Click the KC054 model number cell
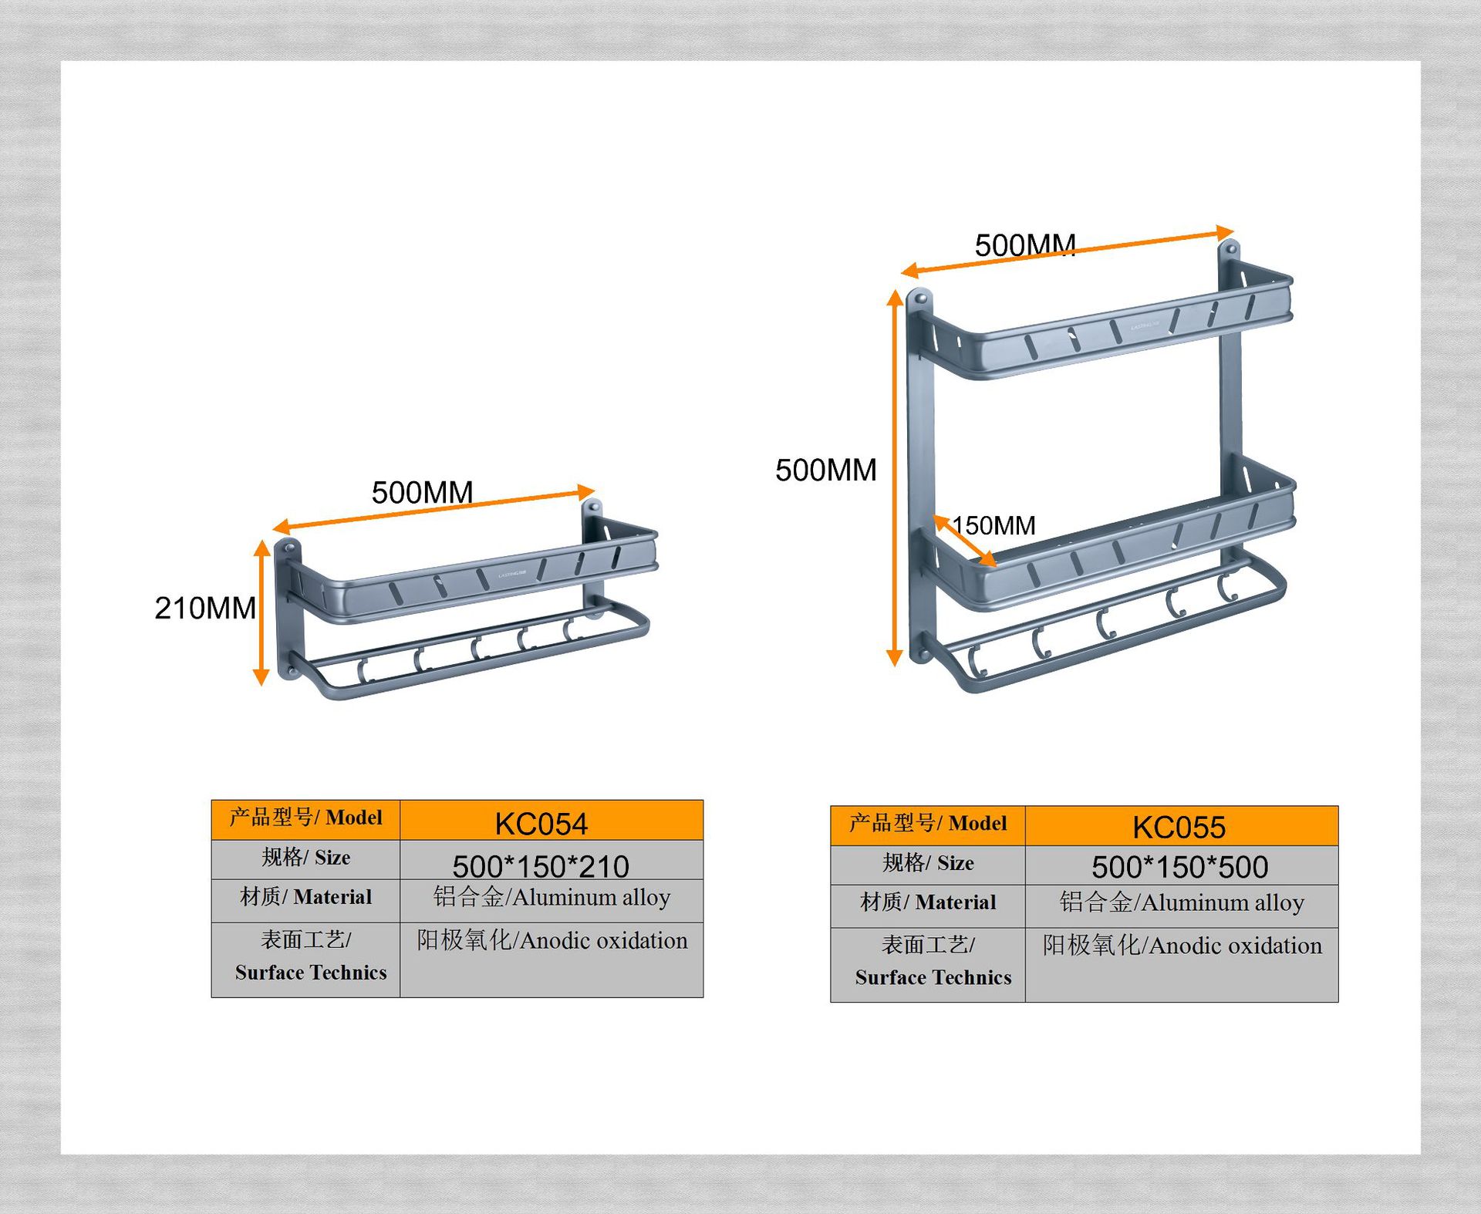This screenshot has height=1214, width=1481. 541,823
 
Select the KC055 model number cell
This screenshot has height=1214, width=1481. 1179,827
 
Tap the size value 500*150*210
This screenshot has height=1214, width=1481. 541,866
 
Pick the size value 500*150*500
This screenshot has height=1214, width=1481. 1179,867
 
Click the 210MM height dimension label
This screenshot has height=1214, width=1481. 205,608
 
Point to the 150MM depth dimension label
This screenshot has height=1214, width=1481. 994,525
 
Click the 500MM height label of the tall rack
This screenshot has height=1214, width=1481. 825,470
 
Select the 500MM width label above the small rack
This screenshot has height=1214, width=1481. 422,492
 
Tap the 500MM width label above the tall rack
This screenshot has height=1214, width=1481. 1024,245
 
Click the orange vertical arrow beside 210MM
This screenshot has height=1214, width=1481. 261,612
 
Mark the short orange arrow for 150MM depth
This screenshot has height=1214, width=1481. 964,541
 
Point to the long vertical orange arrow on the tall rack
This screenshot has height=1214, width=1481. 895,478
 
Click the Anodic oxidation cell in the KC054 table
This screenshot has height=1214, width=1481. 552,940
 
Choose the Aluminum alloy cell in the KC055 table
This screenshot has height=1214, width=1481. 1181,902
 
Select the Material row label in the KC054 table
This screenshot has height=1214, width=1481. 305,896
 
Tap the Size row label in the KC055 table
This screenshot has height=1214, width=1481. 928,862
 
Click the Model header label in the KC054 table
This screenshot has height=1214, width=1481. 305,818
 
